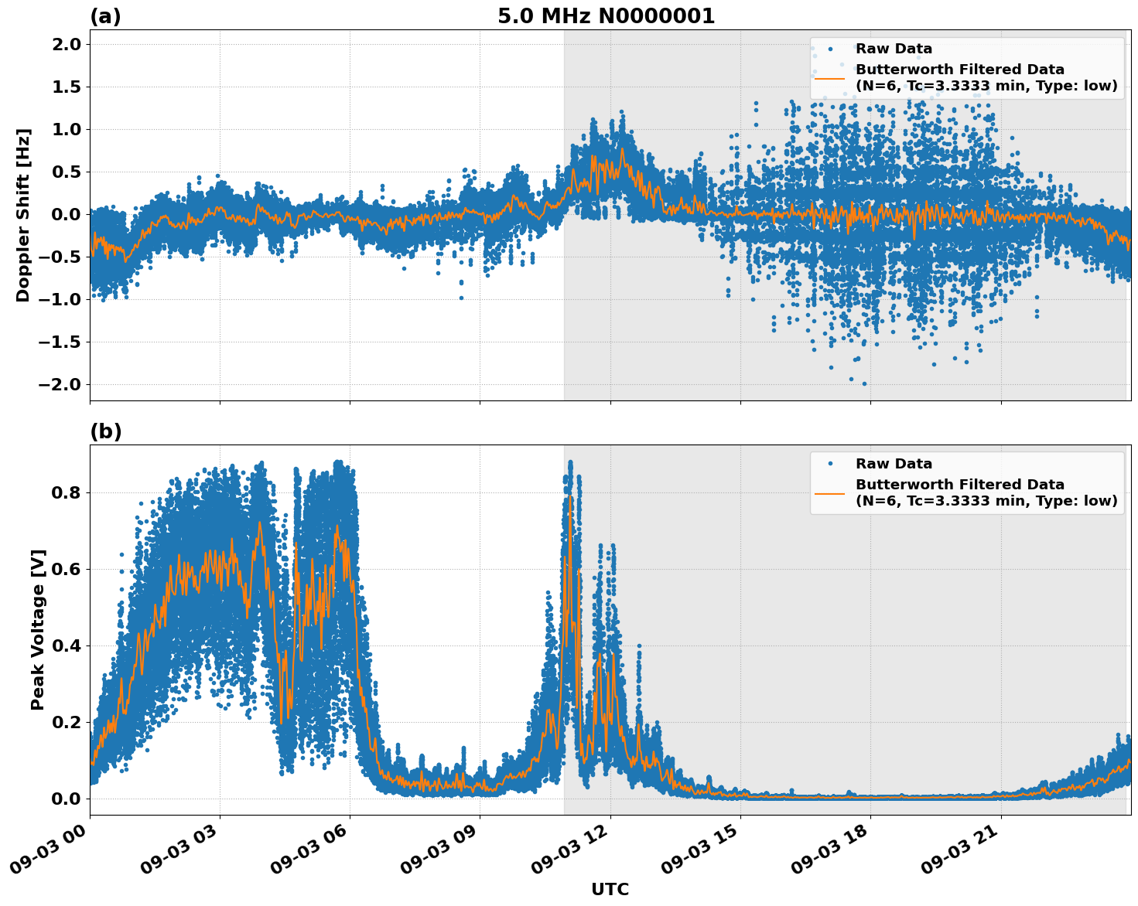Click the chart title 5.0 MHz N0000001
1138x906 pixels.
click(606, 16)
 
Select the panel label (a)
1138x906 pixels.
click(105, 16)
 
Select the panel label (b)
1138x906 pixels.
click(105, 431)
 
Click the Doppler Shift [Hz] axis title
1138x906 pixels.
click(23, 215)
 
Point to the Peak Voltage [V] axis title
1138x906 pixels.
click(38, 629)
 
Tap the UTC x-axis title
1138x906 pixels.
click(610, 889)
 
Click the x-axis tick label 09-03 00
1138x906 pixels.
click(48, 853)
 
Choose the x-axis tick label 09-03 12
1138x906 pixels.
click(569, 853)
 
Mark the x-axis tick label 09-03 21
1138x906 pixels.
click(959, 853)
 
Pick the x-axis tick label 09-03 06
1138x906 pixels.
click(308, 853)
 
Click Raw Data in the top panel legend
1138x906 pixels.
click(894, 49)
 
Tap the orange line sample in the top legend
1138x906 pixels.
click(829, 77)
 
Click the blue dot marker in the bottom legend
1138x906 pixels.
click(829, 464)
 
